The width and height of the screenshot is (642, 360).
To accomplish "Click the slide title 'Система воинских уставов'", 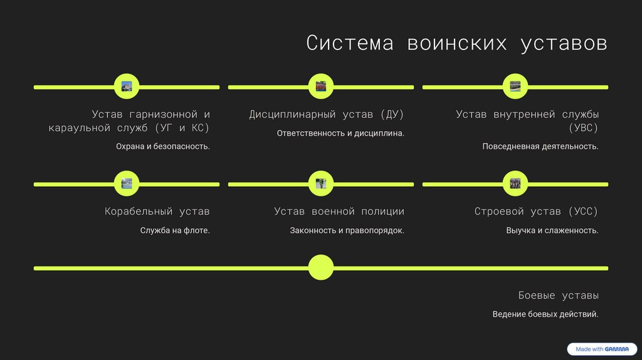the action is tap(456, 43).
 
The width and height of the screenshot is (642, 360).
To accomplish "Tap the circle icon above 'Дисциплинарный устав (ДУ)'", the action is tap(321, 87).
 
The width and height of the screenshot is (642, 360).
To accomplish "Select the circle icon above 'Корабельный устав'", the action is tap(127, 184).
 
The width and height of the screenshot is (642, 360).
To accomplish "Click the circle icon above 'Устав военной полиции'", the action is tap(321, 184).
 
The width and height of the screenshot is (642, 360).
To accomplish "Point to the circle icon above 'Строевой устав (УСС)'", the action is tap(515, 184).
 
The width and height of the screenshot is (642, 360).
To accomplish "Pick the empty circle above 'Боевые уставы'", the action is tap(321, 268).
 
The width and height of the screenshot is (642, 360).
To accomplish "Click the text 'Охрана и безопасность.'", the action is tap(163, 147).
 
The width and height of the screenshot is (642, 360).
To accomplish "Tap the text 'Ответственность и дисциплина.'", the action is tap(340, 134).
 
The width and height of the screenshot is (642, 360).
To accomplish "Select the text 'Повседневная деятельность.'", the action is tap(540, 147).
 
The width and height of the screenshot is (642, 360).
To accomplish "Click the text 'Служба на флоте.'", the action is tap(175, 231).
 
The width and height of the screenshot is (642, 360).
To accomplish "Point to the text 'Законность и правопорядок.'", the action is tap(347, 231).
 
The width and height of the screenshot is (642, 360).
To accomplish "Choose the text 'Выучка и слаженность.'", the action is tap(552, 231).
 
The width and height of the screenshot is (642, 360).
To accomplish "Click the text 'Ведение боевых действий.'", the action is tap(545, 314).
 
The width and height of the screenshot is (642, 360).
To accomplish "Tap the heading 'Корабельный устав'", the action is tap(157, 212).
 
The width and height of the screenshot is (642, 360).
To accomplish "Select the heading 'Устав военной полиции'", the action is tap(339, 212).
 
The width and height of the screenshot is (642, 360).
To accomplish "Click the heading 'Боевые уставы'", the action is tap(559, 295).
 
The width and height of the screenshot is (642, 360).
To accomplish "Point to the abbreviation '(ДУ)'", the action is tap(391, 115).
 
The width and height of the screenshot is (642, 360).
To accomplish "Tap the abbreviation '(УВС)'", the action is tap(583, 128).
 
